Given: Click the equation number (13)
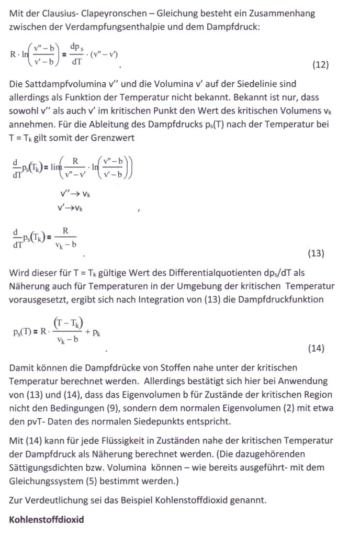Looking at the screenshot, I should point(316,254).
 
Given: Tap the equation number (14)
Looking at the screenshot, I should point(316,349).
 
